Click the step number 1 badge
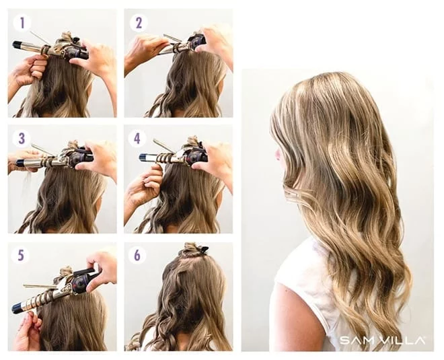click(x=22, y=24)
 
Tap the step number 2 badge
click(x=139, y=23)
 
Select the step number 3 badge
click(x=22, y=139)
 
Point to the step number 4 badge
click(x=137, y=139)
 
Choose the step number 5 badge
click(x=21, y=255)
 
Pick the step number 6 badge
click(x=137, y=255)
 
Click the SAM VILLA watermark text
click(x=382, y=340)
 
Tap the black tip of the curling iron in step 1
click(x=17, y=44)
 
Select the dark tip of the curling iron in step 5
click(x=18, y=308)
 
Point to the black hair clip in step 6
click(x=203, y=250)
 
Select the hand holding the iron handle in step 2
click(x=215, y=42)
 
